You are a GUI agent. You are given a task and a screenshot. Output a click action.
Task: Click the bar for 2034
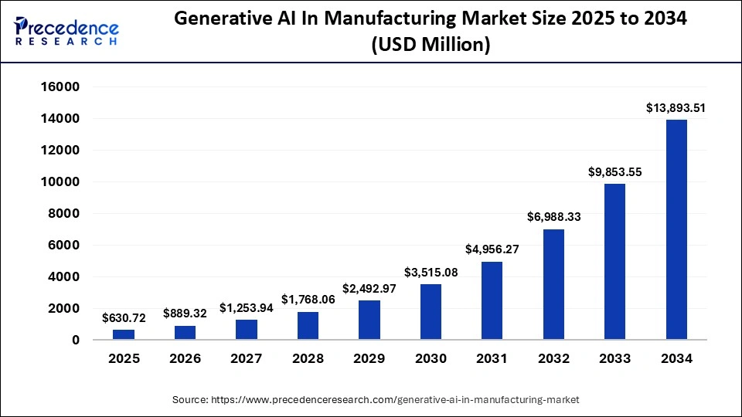676,229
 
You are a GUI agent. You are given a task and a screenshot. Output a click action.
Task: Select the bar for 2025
124,334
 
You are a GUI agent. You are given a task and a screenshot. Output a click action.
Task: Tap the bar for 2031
492,300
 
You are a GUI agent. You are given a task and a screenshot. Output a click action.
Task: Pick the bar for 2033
614,262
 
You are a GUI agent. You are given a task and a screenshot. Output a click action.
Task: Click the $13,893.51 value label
676,109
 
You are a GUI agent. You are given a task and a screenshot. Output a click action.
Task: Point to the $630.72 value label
124,318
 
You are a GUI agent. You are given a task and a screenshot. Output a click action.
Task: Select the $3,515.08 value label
431,273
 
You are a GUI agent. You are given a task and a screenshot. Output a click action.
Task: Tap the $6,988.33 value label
553,218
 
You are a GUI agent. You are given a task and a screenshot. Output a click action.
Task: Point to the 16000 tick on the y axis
60,87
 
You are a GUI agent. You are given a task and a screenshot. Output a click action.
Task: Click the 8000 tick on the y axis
64,214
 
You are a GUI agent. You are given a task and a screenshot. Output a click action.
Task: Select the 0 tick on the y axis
76,340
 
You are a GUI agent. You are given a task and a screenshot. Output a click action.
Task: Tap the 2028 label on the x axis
308,358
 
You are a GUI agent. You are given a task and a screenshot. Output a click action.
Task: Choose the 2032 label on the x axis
553,358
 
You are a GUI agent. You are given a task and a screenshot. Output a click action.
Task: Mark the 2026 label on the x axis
185,358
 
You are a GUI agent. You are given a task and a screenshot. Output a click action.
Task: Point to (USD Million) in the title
431,46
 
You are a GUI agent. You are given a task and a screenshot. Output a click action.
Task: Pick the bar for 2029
369,320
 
